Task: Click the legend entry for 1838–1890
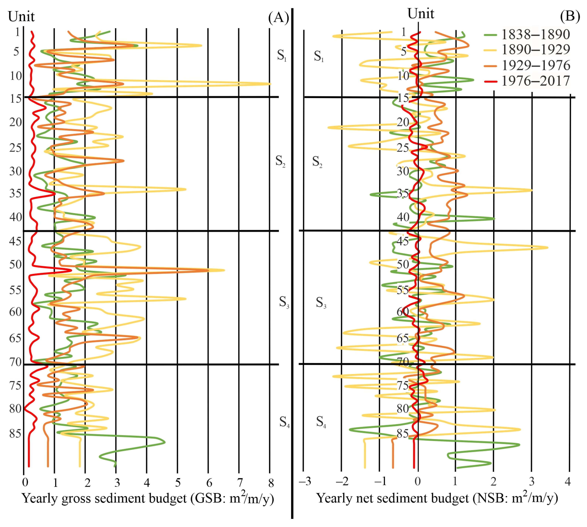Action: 535,35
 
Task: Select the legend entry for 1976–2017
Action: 535,81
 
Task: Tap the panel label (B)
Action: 570,16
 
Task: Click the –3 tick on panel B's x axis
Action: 305,481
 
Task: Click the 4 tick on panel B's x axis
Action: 568,481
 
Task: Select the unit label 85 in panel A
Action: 15,433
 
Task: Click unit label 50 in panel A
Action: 15,264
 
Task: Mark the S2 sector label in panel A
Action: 280,161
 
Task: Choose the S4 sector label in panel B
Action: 321,422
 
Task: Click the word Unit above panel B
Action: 421,14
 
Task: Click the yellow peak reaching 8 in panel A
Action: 270,84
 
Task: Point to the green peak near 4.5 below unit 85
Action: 164,442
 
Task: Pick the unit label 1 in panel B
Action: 403,32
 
